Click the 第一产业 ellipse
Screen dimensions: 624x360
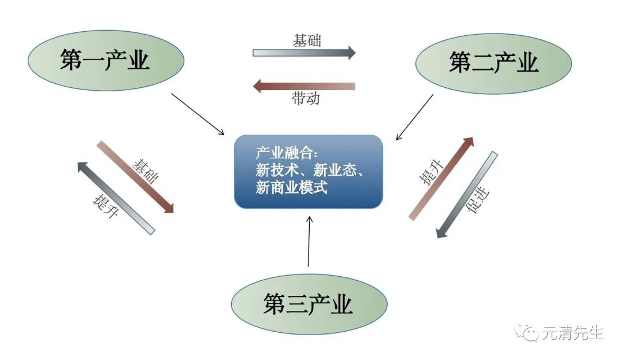tap(106, 61)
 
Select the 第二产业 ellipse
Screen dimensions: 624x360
tap(493, 64)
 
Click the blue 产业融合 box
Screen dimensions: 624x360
tap(309, 172)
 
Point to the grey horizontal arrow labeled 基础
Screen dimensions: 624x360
tap(304, 53)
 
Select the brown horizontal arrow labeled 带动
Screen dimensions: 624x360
tap(304, 86)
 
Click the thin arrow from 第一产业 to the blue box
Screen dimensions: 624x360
tap(198, 114)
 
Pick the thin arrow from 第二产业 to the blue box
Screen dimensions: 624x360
tap(415, 117)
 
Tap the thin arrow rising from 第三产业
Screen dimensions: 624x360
tap(309, 241)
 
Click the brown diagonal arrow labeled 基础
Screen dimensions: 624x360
tap(136, 177)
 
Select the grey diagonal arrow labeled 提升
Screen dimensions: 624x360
tap(116, 198)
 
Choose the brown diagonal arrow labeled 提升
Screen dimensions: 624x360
tap(441, 179)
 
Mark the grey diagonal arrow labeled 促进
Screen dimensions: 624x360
tap(467, 195)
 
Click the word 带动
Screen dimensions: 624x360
tap(306, 98)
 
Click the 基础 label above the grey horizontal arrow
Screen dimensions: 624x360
tap(307, 40)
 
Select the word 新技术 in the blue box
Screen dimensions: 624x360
tap(277, 170)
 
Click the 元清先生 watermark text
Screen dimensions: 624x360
tap(573, 333)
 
